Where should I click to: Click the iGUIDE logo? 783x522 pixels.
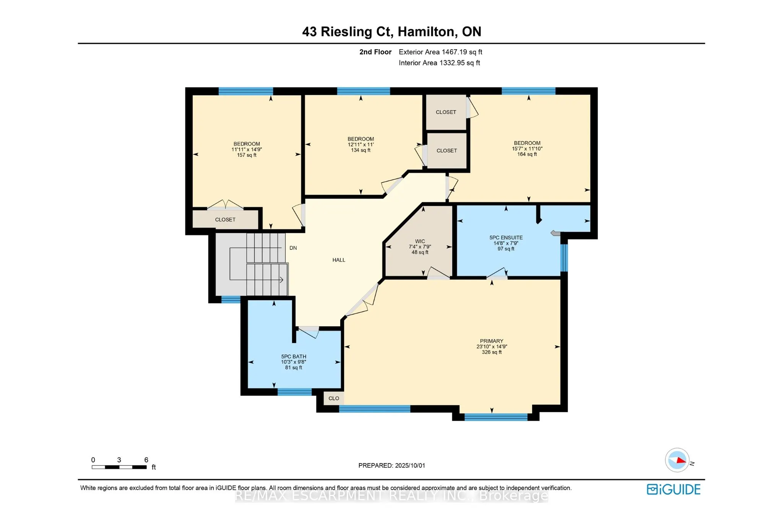tap(673, 489)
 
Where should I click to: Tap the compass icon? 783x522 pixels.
tap(677, 460)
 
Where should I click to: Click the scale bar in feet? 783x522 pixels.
tap(119, 467)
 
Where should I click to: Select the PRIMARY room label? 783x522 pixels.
tap(491, 346)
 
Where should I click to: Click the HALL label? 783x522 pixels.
tap(339, 260)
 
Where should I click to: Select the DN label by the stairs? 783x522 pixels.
tap(293, 248)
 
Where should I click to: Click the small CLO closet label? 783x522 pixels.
tap(334, 398)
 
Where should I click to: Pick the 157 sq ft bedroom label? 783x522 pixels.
tap(247, 150)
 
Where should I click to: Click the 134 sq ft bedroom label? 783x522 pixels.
tap(361, 145)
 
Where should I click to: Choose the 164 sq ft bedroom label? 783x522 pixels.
tap(527, 148)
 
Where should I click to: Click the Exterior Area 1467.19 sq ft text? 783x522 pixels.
tap(440, 52)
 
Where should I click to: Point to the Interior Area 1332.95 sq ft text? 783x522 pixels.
tap(439, 63)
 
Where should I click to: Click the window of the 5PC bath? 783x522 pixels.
tap(294, 392)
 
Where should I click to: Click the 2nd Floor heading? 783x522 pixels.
tap(375, 52)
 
